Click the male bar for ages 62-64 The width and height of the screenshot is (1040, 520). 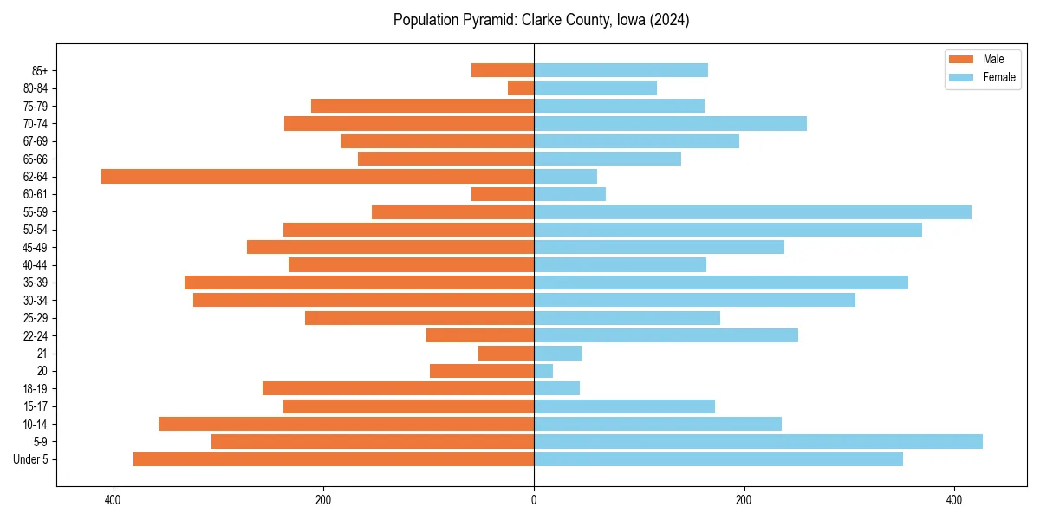[x=316, y=177]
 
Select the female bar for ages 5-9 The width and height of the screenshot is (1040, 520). [x=757, y=442]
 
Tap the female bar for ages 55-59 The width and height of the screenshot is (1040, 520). [x=752, y=212]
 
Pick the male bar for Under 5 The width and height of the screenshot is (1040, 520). [x=334, y=459]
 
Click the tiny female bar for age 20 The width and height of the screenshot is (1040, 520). [x=543, y=371]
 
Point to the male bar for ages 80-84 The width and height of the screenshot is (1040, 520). [x=521, y=88]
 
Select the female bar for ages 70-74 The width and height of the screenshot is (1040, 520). [x=670, y=124]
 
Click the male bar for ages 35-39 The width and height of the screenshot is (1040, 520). [x=359, y=283]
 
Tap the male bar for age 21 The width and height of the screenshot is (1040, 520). [x=506, y=354]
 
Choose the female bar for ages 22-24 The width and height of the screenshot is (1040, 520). [x=666, y=335]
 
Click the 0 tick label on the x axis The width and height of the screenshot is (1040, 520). [x=534, y=501]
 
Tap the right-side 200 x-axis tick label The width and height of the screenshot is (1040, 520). [x=744, y=501]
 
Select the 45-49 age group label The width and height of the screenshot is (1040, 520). [x=36, y=248]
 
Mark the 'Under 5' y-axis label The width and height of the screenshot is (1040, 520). [x=31, y=459]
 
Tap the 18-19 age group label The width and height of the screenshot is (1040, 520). [x=36, y=389]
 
